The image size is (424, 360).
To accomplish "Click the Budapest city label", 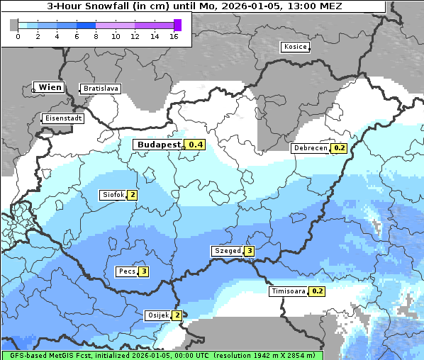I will [x=159, y=145].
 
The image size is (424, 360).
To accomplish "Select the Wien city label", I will [x=50, y=87].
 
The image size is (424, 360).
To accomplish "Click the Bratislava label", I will [x=100, y=89].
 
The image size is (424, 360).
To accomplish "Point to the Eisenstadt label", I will [x=63, y=118].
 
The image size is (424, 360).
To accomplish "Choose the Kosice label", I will [x=294, y=47].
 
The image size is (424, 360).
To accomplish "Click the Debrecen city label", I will [x=310, y=148].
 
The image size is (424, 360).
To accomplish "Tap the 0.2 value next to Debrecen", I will [x=339, y=148].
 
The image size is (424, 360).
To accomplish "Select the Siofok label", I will [x=113, y=195].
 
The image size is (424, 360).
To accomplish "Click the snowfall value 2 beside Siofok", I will [x=132, y=195].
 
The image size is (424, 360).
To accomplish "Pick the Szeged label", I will [x=227, y=251].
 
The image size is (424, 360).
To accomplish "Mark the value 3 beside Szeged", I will [x=249, y=251].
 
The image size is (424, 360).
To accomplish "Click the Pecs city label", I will [x=127, y=271].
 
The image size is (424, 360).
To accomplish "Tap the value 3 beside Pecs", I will [x=144, y=271].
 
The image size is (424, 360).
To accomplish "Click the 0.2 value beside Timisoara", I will [x=318, y=291].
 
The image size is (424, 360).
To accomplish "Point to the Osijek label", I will [x=157, y=315].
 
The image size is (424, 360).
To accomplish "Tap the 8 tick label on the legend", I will [x=96, y=36].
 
